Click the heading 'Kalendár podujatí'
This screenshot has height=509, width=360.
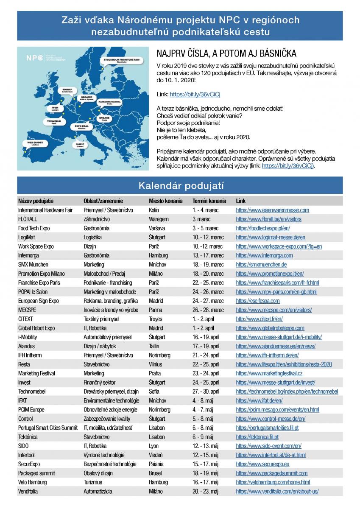point(180,185)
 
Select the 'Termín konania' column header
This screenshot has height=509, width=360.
point(209,201)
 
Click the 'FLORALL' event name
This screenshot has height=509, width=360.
point(28,219)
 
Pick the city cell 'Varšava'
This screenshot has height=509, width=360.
point(157,228)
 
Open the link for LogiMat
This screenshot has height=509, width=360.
point(271,237)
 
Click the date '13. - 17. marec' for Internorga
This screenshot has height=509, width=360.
point(208,255)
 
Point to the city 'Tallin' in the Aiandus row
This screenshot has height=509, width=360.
point(155,346)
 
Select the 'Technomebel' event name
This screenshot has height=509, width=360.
point(32,392)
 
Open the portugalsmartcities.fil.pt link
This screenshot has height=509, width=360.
point(267,428)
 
